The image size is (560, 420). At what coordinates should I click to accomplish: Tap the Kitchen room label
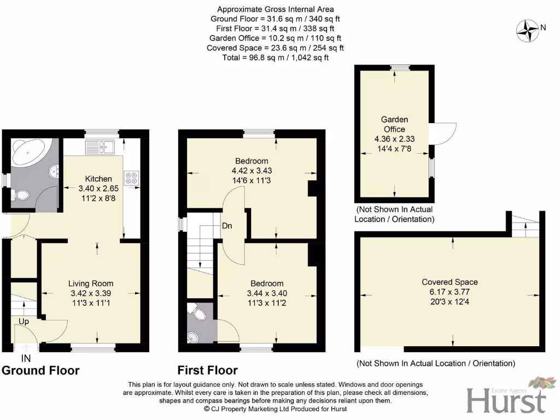98,179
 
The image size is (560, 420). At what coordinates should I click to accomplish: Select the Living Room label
91,283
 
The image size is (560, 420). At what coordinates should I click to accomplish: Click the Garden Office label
394,124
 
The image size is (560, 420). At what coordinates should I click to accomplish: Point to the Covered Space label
450,282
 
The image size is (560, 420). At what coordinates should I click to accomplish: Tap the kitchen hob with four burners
132,177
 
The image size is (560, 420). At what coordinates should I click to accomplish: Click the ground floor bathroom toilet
21,195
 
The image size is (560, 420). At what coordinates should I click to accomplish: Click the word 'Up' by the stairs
24,322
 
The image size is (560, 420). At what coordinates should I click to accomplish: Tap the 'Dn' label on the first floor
227,225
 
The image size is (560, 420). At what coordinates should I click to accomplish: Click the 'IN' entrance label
26,359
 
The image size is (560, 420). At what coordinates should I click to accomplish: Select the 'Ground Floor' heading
41,371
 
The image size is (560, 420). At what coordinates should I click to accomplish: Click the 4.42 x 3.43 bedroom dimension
252,171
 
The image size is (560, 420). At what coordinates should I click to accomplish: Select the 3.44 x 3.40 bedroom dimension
267,293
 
